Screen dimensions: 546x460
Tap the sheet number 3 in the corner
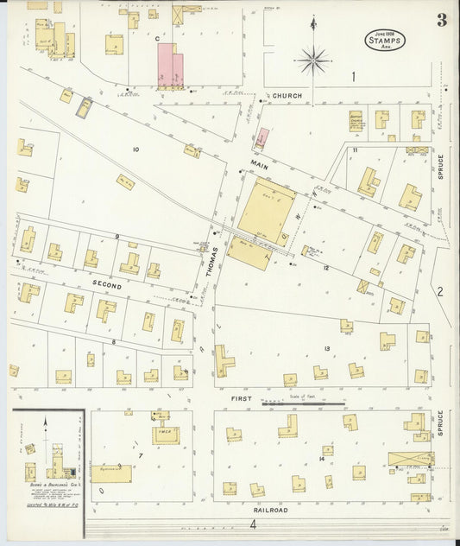tap(441, 21)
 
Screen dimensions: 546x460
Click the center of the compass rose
tap(312, 60)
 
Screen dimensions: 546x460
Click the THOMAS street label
tap(209, 257)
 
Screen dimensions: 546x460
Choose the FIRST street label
tap(242, 398)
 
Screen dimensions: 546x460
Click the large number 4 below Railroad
tap(254, 524)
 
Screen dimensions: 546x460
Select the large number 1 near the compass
tap(353, 77)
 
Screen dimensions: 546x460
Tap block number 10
tap(135, 149)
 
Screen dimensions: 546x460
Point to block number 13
tap(327, 348)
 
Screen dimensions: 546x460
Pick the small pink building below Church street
tap(262, 137)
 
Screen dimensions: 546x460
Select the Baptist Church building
tap(356, 120)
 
